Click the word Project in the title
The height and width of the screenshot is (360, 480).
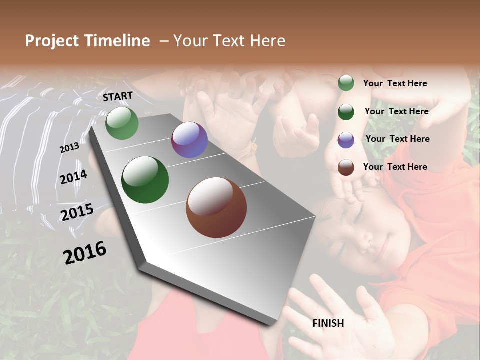tap(52, 41)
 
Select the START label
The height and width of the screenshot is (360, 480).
tap(118, 96)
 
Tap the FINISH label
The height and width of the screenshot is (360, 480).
tap(328, 323)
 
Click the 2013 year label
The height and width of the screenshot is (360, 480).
tap(69, 148)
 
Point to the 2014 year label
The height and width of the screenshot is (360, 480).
tap(74, 177)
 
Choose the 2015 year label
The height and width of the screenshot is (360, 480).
tap(77, 212)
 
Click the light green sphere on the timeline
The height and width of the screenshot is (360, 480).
tap(122, 123)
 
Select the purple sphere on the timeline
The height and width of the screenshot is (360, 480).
tap(189, 140)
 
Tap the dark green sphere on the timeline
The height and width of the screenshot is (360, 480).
tap(145, 180)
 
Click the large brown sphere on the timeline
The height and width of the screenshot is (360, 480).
tap(216, 207)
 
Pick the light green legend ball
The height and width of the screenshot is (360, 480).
tap(346, 83)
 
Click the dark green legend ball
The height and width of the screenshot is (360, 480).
tap(346, 112)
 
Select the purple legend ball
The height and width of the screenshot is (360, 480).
tap(346, 140)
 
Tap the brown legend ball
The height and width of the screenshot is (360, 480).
tap(346, 167)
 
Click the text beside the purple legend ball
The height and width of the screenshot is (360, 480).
tap(397, 139)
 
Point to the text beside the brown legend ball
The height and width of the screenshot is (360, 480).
tap(395, 167)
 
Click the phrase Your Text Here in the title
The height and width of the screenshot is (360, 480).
tap(229, 41)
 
